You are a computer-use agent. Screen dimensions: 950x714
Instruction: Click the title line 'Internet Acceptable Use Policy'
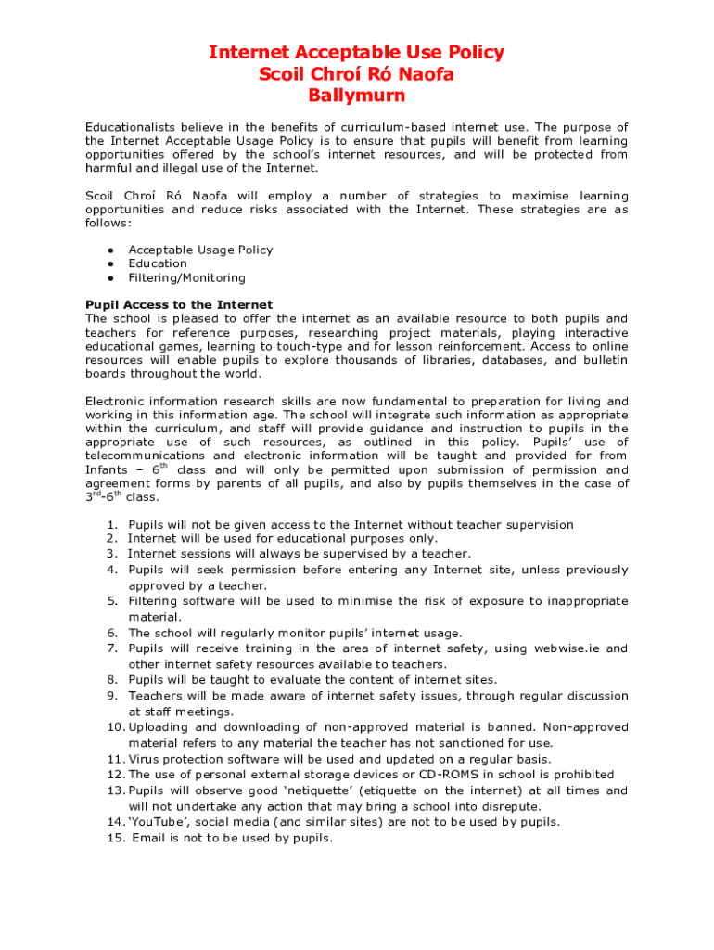pyautogui.click(x=356, y=52)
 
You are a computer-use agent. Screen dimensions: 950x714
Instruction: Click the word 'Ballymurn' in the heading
pyautogui.click(x=356, y=96)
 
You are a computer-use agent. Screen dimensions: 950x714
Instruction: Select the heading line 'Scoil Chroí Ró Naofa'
pyautogui.click(x=356, y=74)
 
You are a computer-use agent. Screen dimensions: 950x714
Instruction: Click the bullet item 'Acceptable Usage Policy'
pyautogui.click(x=200, y=250)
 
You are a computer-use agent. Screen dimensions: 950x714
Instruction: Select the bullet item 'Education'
pyautogui.click(x=158, y=263)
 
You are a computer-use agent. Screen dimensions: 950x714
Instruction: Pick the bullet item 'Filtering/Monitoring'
pyautogui.click(x=186, y=277)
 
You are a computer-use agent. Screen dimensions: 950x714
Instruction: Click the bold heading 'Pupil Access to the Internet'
pyautogui.click(x=179, y=304)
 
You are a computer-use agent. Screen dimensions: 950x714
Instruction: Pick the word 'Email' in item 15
pyautogui.click(x=150, y=838)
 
